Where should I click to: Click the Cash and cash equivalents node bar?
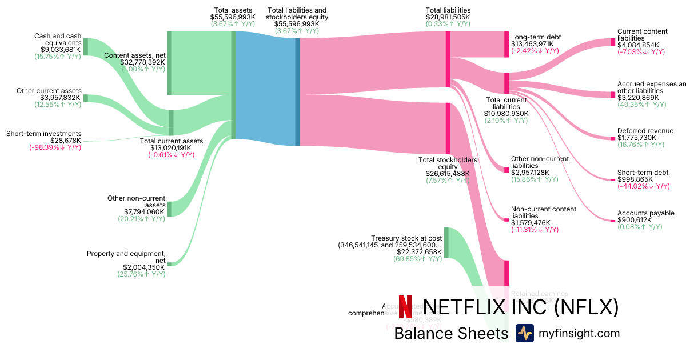click(86, 47)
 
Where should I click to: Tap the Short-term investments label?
click(44, 134)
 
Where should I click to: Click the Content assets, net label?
click(135, 55)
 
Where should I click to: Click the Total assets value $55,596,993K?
click(234, 18)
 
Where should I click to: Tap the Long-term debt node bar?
click(506, 45)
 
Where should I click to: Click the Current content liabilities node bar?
click(612, 42)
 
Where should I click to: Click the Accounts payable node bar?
click(612, 220)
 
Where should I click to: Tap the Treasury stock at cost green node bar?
click(446, 242)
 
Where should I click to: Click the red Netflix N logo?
click(405, 307)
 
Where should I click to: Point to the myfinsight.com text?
click(579, 333)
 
